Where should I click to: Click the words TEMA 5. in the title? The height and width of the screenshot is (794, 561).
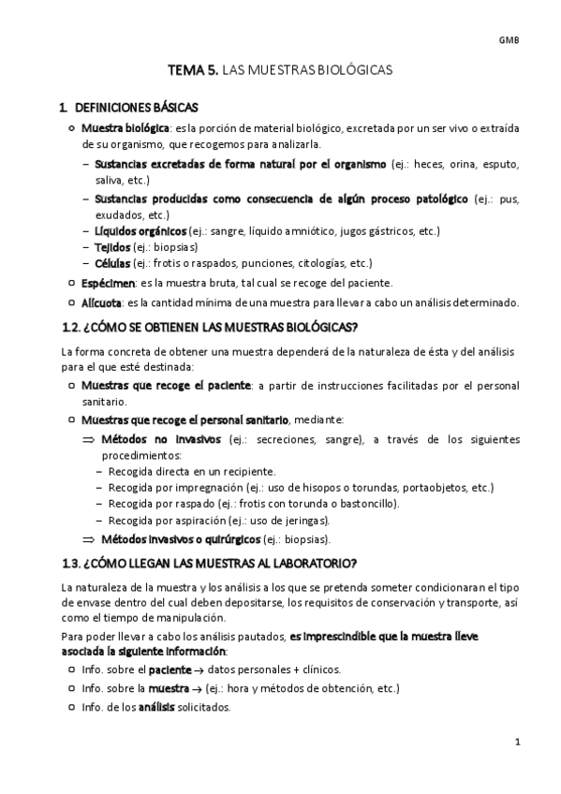point(191,70)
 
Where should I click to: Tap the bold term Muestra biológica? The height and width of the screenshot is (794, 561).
point(125,127)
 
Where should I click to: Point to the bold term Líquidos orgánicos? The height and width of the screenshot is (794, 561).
point(140,230)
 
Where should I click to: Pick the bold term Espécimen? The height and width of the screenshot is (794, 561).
point(109,283)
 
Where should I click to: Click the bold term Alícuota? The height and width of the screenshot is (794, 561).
point(101,302)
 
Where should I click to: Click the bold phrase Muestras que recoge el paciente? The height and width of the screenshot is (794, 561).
point(166,385)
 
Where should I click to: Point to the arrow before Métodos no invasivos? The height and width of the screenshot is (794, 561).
point(89,438)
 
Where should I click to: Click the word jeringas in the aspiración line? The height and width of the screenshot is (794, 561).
point(306,521)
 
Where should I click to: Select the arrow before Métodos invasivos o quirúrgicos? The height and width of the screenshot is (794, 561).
point(89,539)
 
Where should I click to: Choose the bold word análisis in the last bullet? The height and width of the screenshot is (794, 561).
point(157,707)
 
